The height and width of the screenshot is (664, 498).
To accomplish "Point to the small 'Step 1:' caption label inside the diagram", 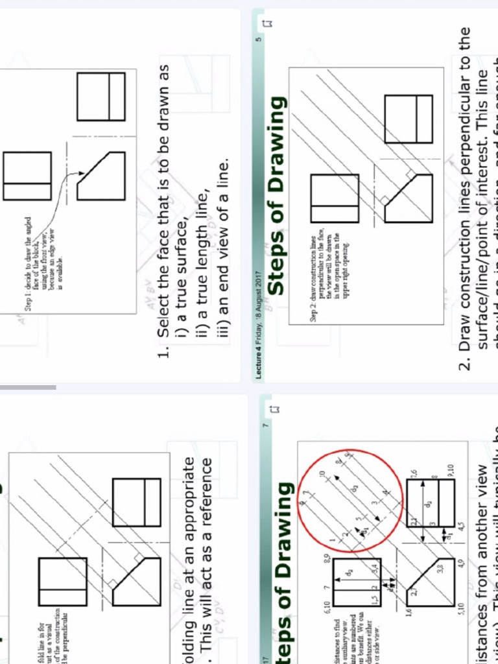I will [29, 305].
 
